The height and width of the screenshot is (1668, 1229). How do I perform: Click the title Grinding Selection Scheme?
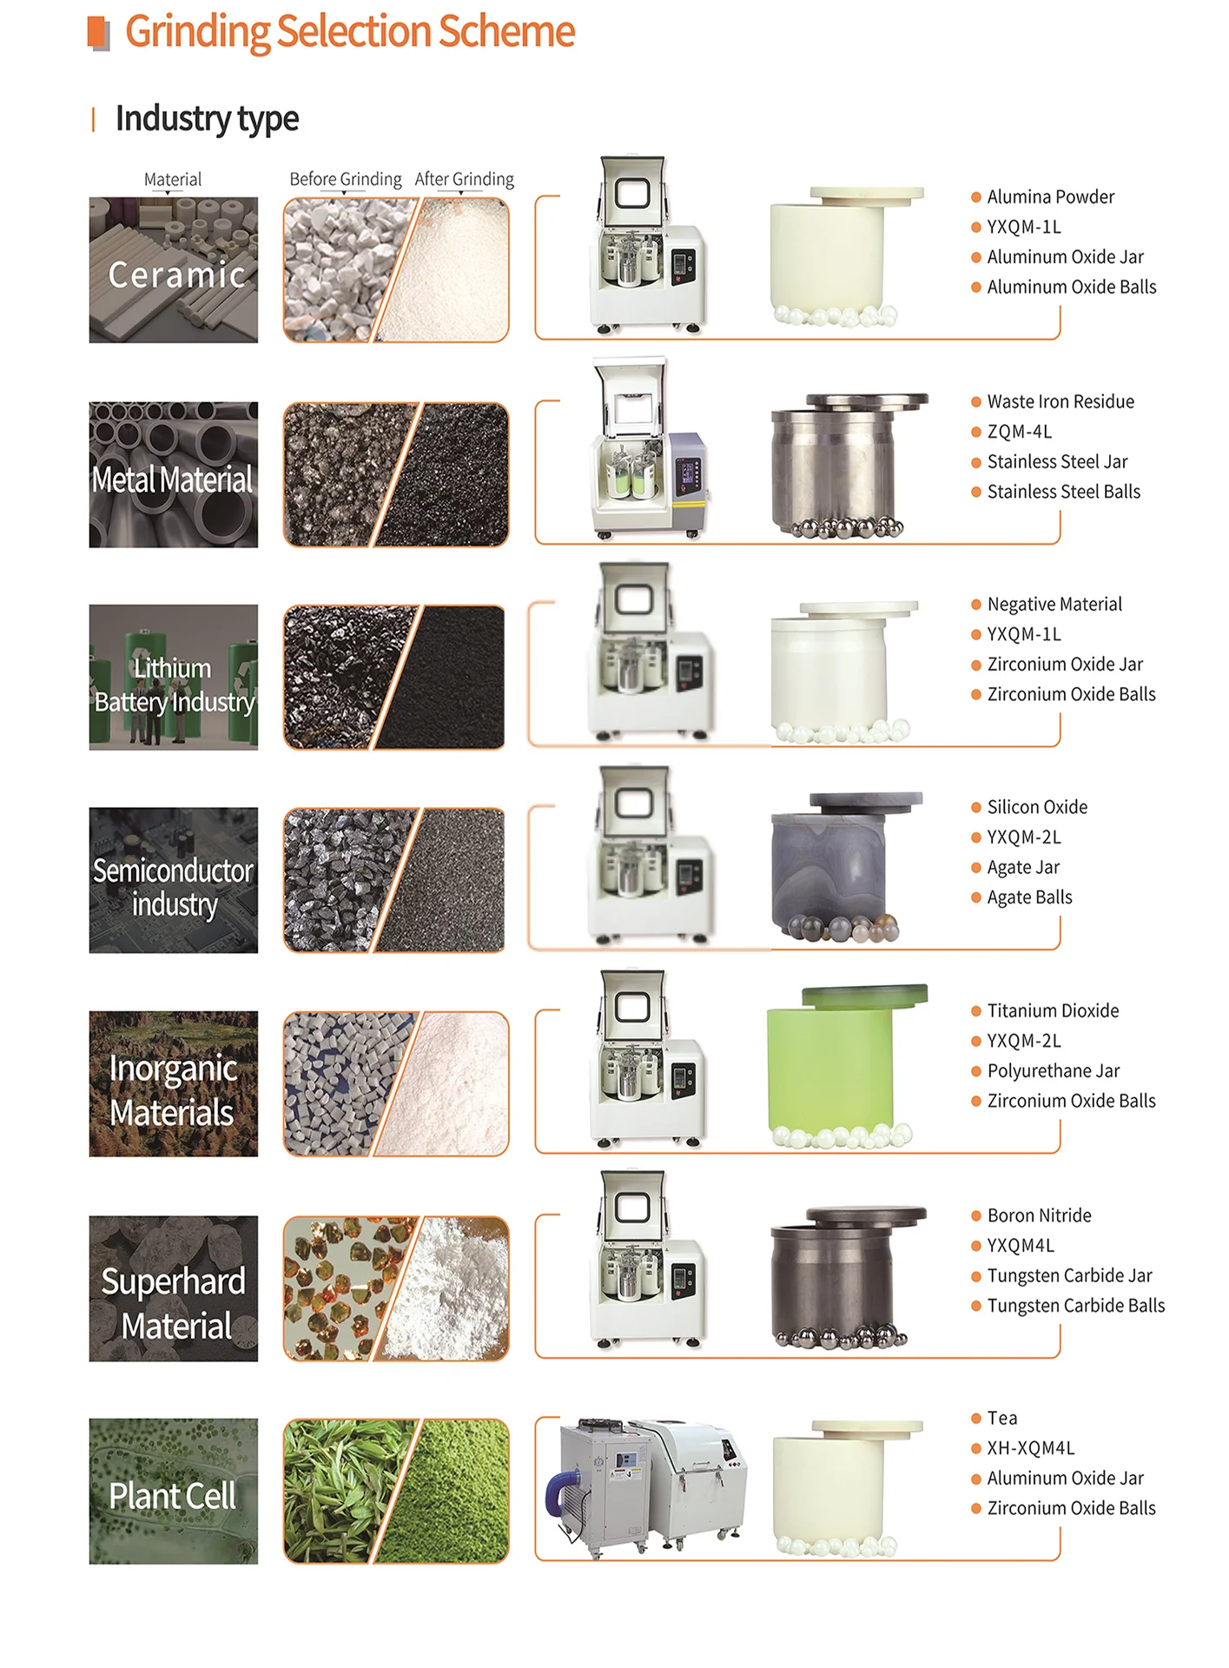coord(349,32)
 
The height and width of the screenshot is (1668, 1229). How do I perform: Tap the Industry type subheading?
coord(207,118)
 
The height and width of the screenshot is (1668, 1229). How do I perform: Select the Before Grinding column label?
coord(346,179)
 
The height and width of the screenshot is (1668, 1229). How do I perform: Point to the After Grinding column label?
coord(465,179)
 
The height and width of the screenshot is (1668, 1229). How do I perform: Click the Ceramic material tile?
coord(174,270)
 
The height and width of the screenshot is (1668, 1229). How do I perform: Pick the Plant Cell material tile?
coord(174,1492)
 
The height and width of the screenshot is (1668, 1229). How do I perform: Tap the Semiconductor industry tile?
coord(174,880)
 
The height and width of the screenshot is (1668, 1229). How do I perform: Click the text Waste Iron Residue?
coord(1061,401)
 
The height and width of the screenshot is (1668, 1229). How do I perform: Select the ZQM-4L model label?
coord(1020,432)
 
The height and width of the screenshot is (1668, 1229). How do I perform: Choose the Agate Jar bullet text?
coord(1023,867)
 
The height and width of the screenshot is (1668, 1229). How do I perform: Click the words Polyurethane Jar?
coord(1054,1070)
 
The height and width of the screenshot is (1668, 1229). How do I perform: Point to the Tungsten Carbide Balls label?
coord(1076,1305)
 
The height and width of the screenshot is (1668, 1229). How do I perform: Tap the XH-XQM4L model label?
coord(1031,1448)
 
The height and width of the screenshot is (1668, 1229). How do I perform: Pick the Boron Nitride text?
coord(1040,1215)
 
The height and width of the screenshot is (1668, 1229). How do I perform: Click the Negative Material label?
coord(1054,604)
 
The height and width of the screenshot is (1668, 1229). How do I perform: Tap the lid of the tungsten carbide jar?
coord(866,1214)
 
